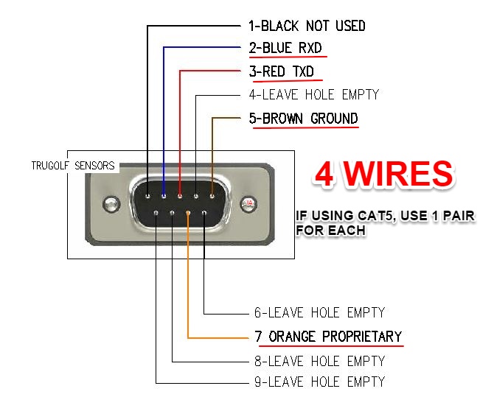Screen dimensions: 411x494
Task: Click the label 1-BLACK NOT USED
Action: click(306, 26)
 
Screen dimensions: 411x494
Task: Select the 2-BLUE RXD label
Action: click(285, 49)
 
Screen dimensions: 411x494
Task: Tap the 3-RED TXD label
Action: click(282, 71)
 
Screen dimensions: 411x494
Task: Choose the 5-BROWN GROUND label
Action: click(305, 118)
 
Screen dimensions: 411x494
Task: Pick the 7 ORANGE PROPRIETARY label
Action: click(327, 337)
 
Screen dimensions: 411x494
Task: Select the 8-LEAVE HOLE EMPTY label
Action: click(319, 361)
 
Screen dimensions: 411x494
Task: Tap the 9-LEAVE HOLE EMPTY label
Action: click(319, 382)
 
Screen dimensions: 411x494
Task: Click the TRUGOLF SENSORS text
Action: click(73, 166)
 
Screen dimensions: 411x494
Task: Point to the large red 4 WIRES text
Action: click(383, 174)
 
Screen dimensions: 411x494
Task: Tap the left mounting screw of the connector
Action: click(111, 203)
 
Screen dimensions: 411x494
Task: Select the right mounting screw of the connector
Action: click(248, 203)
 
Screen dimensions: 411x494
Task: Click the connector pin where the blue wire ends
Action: click(164, 196)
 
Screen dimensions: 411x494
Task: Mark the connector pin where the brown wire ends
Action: click(212, 196)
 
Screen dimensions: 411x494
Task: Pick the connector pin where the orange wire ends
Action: click(188, 214)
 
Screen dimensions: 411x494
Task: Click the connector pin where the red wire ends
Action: click(180, 196)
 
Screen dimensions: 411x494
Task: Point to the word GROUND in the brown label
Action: click(334, 118)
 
